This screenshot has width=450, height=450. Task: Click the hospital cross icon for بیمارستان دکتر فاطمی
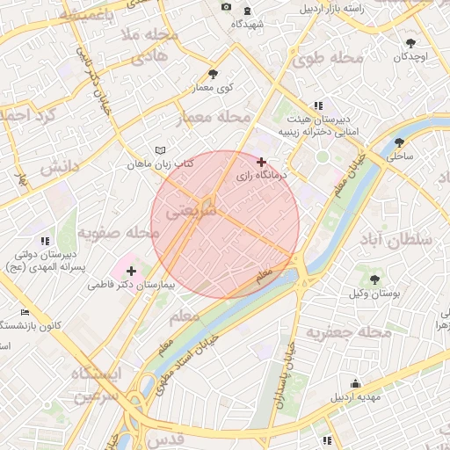[132, 271]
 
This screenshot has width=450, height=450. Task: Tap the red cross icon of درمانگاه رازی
[261, 162]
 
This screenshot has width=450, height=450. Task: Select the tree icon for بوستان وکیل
[375, 279]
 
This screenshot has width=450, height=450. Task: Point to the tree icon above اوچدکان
[410, 42]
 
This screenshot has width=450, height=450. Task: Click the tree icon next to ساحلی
[400, 142]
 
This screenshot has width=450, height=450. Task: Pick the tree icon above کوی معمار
[212, 74]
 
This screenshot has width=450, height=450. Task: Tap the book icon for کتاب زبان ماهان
[159, 150]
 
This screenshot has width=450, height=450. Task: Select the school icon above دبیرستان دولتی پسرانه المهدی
[44, 240]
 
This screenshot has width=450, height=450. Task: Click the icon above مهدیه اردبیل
[355, 383]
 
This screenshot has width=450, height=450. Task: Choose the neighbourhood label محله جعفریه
[347, 332]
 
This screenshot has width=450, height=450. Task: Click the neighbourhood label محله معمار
[215, 117]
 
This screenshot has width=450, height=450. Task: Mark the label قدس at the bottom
[168, 438]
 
